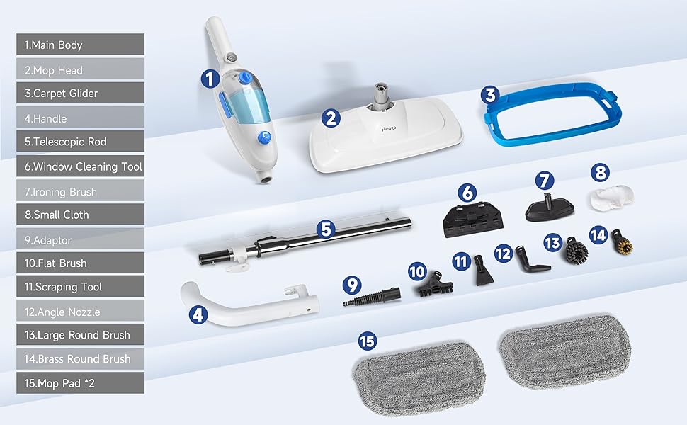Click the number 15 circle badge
point(366,342)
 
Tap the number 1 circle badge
point(210,79)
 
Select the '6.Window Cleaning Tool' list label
point(80,167)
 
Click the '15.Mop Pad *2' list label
point(80,382)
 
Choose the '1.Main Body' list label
point(80,45)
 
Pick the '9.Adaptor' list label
point(80,239)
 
